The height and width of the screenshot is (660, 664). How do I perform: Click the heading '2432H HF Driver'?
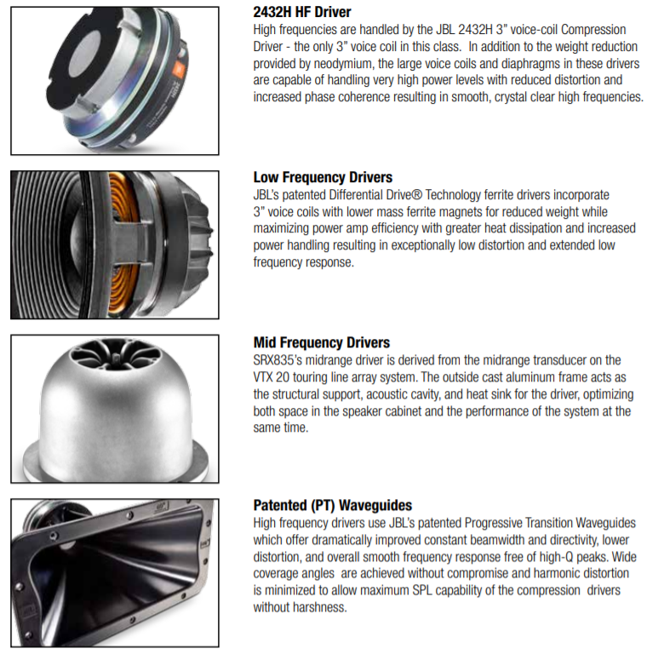point(302,12)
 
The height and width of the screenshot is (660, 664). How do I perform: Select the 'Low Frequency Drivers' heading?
point(323,177)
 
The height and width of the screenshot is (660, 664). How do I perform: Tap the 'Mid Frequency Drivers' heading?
point(322,342)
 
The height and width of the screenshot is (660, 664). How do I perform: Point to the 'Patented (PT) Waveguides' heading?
point(332,505)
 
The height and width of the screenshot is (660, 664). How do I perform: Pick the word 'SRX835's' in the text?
point(278,360)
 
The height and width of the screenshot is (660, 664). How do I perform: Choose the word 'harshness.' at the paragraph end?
point(320,607)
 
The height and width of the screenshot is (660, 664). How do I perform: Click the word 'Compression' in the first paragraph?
point(593,30)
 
